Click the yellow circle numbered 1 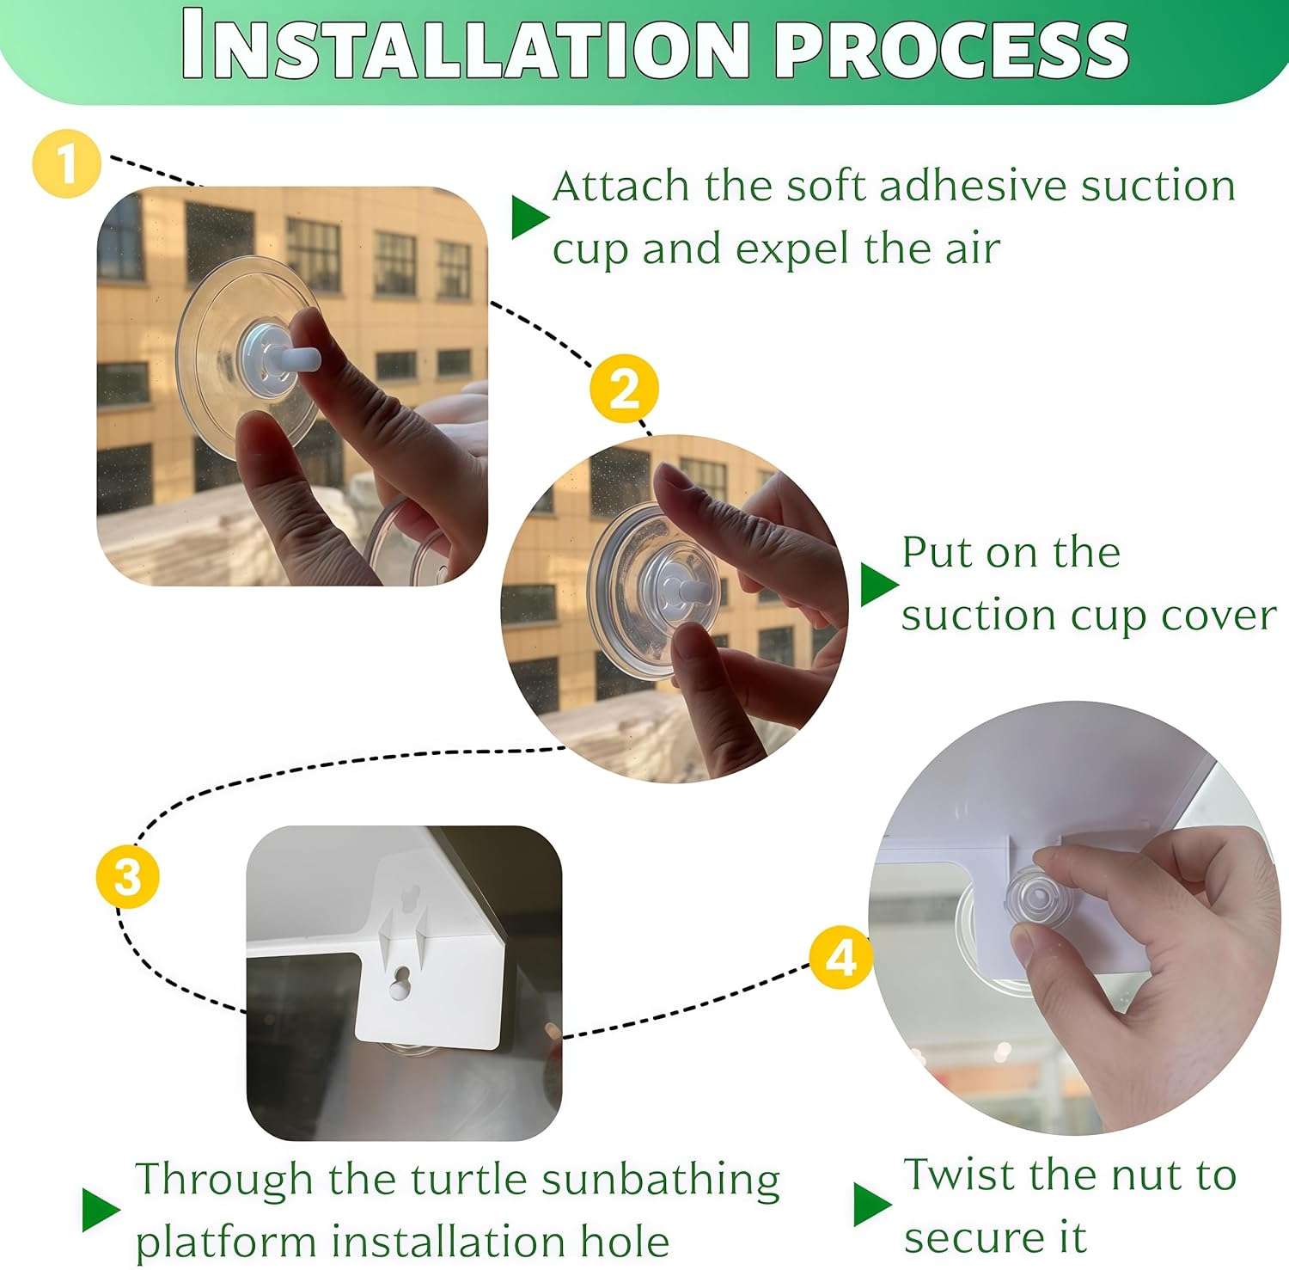coord(67,163)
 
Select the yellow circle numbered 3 coord(128,876)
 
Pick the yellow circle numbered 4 coord(841,956)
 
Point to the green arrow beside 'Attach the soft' coord(530,217)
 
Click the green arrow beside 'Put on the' coord(879,585)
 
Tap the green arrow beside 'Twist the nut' coord(873,1205)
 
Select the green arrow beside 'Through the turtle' coord(101,1209)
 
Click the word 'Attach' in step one coord(621,186)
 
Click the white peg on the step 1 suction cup coord(302,356)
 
